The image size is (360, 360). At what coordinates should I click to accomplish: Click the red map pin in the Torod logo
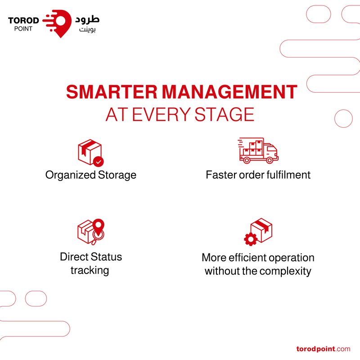[61, 23]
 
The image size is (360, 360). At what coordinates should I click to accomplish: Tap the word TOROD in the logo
[23, 20]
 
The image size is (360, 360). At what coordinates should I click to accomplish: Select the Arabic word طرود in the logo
[87, 20]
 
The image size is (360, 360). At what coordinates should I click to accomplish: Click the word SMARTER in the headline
[112, 92]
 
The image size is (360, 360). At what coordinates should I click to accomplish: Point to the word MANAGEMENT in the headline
[230, 92]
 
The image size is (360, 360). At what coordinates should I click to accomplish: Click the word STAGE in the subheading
[224, 114]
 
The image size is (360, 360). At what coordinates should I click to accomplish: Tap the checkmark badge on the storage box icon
[99, 162]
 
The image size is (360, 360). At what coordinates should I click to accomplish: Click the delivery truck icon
[258, 151]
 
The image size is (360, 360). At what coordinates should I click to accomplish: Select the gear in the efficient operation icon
[251, 239]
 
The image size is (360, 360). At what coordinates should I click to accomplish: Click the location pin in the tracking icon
[99, 227]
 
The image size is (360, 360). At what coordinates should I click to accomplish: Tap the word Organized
[71, 175]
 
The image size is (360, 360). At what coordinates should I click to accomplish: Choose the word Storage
[117, 175]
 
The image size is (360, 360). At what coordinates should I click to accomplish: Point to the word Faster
[221, 175]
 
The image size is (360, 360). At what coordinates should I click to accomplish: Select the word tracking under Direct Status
[90, 270]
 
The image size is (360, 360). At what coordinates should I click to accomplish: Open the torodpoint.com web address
[323, 349]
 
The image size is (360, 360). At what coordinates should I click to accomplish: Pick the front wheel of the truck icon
[269, 160]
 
